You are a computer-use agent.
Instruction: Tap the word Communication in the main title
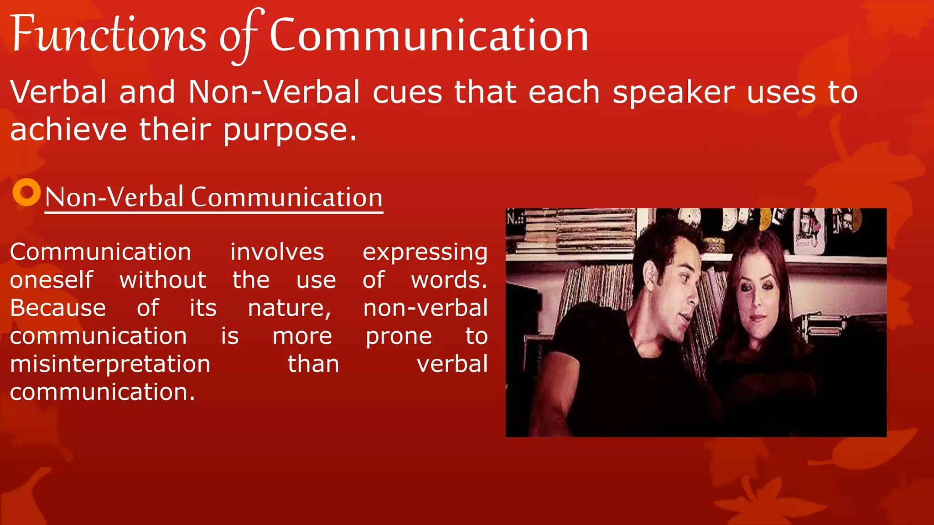tap(429, 36)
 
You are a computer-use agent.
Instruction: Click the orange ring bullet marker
tap(26, 192)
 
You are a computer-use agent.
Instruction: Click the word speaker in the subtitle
tap(673, 93)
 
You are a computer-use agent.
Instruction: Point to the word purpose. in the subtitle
tap(289, 130)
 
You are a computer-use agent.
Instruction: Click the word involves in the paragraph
tap(277, 252)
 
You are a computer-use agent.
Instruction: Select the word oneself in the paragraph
tap(52, 280)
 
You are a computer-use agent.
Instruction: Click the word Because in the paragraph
tap(58, 308)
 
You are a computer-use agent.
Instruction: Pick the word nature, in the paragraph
tap(290, 308)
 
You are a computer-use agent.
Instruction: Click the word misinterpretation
tap(110, 365)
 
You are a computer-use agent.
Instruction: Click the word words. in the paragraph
tap(449, 280)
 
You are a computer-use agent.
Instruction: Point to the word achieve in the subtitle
tap(68, 129)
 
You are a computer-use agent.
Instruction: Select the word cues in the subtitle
tap(407, 93)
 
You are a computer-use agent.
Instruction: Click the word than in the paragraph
tap(313, 364)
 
